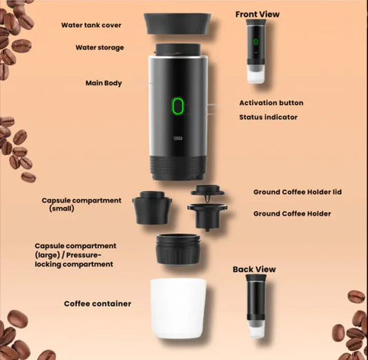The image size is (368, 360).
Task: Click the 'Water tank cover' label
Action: click(x=91, y=25)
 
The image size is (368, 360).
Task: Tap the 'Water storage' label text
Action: click(x=99, y=48)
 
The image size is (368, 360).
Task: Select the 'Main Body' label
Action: click(x=104, y=83)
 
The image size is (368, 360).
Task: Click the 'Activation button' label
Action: click(x=271, y=103)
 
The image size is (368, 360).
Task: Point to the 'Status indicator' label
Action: click(x=268, y=117)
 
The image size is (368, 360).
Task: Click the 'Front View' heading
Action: click(x=258, y=14)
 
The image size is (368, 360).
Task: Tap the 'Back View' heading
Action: click(x=253, y=269)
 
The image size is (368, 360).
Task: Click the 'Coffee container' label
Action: click(x=97, y=303)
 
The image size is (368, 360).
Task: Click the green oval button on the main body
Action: click(x=177, y=106)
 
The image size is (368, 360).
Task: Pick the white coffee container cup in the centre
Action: click(x=177, y=307)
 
